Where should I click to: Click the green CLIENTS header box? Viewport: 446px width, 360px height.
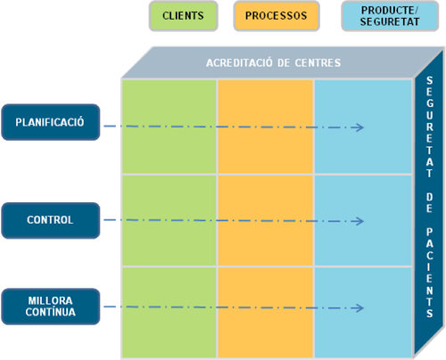pos(184,16)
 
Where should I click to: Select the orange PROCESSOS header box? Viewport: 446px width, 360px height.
pos(277,16)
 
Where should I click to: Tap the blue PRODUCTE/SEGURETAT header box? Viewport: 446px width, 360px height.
pos(390,16)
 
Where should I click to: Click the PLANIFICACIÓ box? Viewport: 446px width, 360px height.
pos(51,122)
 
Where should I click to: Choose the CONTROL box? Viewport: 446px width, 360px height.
pos(51,220)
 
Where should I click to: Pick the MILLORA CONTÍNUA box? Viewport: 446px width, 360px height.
pos(51,307)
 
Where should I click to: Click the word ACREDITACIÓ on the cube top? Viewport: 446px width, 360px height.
pos(239,62)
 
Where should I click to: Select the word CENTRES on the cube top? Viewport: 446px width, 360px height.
pos(318,63)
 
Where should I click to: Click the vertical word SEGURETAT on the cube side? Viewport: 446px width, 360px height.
pos(430,127)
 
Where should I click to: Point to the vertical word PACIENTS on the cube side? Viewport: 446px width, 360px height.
pos(430,273)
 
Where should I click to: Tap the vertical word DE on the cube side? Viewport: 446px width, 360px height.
pos(430,203)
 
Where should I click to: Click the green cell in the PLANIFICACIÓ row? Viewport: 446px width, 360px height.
pos(169,127)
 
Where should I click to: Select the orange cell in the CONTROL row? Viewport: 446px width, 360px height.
pos(266,221)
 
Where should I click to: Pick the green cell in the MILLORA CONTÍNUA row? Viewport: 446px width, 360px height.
pos(169,313)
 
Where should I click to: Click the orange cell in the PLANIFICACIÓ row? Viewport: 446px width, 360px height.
pos(266,127)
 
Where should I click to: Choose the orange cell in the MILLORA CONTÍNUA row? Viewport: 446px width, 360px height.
pos(266,313)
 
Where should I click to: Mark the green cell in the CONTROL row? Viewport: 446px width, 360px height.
pos(169,221)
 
